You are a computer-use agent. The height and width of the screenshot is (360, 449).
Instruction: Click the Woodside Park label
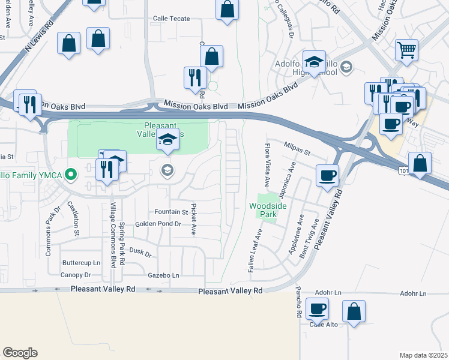coord(268,210)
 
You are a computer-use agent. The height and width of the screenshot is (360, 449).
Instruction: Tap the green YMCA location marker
coord(71,175)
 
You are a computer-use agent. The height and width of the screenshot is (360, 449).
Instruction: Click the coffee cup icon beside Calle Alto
coord(317,310)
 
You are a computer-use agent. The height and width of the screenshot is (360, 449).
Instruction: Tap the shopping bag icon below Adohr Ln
coord(354,311)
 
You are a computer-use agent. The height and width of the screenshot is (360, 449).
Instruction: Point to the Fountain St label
coord(171,212)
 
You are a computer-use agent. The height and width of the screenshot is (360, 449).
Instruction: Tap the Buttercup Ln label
coord(81,263)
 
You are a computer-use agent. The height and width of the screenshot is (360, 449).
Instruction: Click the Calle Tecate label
coord(172,18)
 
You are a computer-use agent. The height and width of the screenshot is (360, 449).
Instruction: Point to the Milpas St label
coord(297,153)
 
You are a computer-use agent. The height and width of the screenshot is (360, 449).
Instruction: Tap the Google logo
coord(20,352)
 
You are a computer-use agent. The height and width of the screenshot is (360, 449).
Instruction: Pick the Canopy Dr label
coord(76,275)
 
